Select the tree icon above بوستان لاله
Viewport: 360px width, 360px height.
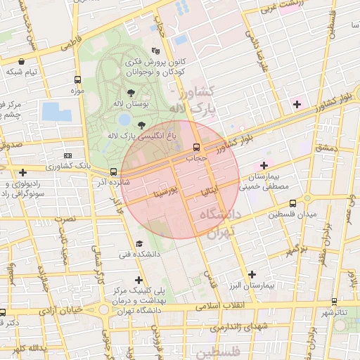[x=131, y=92]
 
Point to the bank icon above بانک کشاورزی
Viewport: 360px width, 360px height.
[x=67, y=155]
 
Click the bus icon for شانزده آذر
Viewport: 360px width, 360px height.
[x=113, y=172]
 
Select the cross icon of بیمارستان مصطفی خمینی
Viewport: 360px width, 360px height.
[x=263, y=165]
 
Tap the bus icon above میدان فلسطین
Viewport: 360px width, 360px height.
[x=292, y=202]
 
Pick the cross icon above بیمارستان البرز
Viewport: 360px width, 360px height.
[x=252, y=275]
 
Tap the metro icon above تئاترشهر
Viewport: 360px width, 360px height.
[x=335, y=300]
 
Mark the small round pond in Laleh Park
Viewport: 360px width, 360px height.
[x=124, y=120]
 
